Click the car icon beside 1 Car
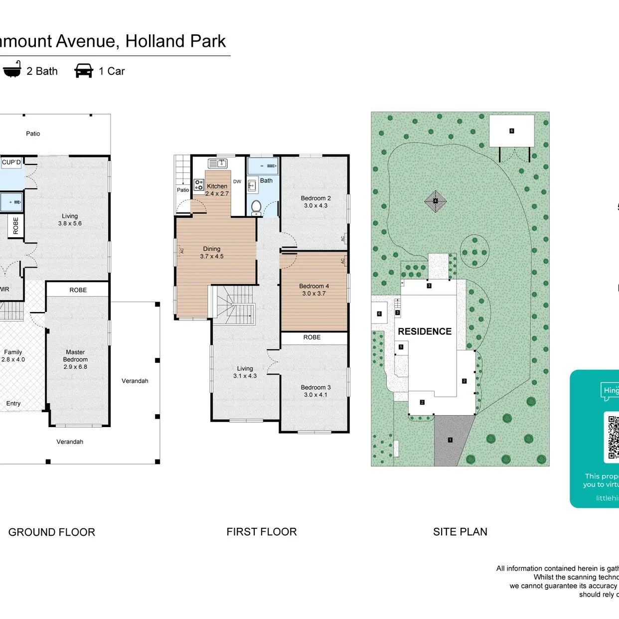coord(84,71)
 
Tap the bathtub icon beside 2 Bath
coord(12,69)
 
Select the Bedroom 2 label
coord(315,202)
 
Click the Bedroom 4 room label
coord(314,290)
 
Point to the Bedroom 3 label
coord(315,391)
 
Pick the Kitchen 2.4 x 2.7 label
coord(217,190)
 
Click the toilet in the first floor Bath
coord(256,206)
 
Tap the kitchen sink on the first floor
coord(217,163)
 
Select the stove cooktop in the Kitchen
coord(199,185)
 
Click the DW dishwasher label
coord(237,181)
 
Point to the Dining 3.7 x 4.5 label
coord(212,253)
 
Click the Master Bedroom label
coord(75,359)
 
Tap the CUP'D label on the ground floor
coord(11,162)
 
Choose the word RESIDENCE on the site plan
coord(425,331)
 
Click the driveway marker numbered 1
coord(451,440)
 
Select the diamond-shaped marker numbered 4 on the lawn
coord(435,201)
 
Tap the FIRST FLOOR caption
coord(262,532)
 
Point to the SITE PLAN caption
coord(460,532)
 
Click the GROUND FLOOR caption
coord(52,532)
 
